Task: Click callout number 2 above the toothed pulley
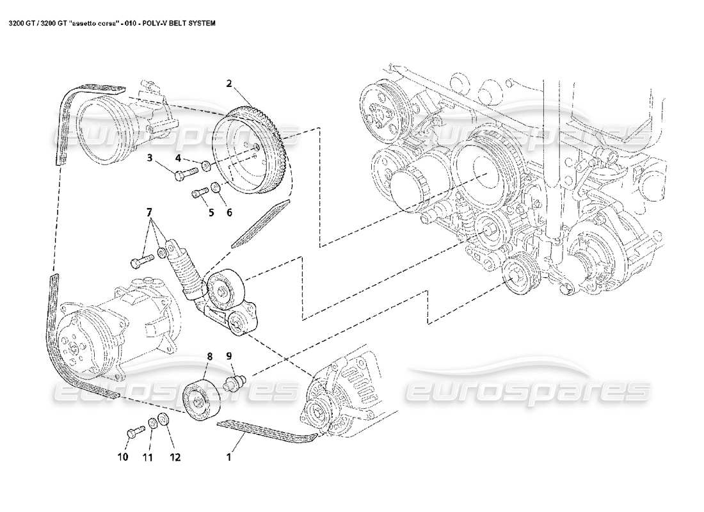click(x=228, y=83)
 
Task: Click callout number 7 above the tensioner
click(x=150, y=212)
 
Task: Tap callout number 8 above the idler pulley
click(x=209, y=355)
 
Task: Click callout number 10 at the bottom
click(x=123, y=457)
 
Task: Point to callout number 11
click(x=148, y=457)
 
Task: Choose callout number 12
click(x=175, y=457)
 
